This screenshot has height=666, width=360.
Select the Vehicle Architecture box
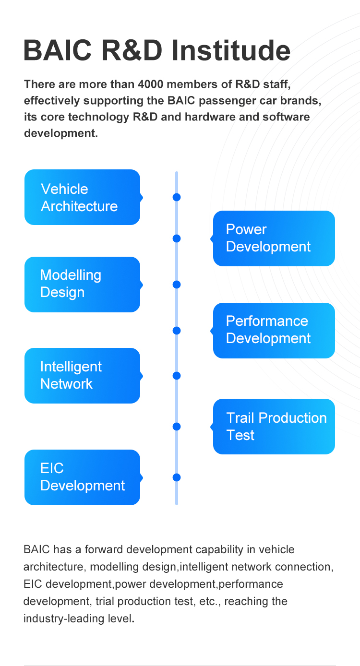pyautogui.click(x=82, y=197)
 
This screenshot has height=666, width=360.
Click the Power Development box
pyautogui.click(x=274, y=238)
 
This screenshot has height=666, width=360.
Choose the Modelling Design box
pyautogui.click(x=82, y=284)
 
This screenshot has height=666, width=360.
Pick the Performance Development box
pyautogui.click(x=274, y=330)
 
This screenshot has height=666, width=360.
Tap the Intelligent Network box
pyautogui.click(x=82, y=375)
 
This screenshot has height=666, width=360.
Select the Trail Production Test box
pyautogui.click(x=274, y=426)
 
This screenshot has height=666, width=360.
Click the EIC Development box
pyautogui.click(x=82, y=477)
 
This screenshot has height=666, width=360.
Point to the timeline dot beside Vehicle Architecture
pyautogui.click(x=177, y=197)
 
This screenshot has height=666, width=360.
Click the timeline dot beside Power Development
pyautogui.click(x=177, y=238)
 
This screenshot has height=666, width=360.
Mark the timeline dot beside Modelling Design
pyautogui.click(x=177, y=285)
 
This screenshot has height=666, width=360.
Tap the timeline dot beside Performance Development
pyautogui.click(x=177, y=331)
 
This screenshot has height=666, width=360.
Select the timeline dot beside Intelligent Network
pyautogui.click(x=177, y=376)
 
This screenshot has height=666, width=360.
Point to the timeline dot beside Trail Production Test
pyautogui.click(x=177, y=427)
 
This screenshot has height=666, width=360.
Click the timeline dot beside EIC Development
pyautogui.click(x=177, y=477)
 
